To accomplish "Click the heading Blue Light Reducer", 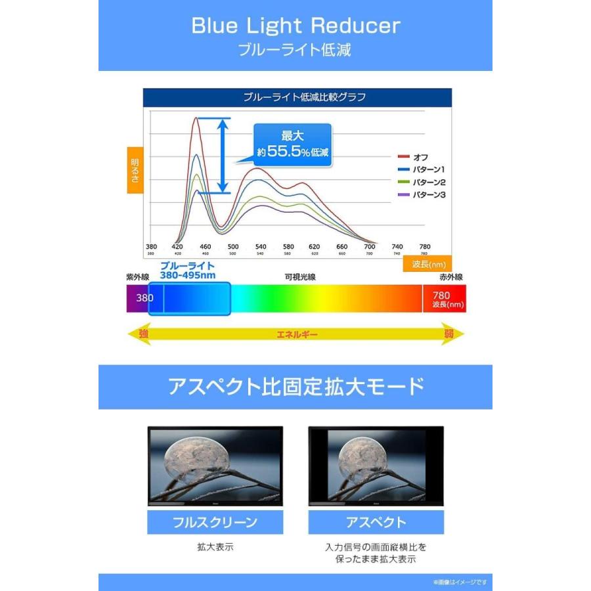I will (295, 26).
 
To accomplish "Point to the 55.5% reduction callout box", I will (293, 144).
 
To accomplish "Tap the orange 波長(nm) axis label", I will (427, 265).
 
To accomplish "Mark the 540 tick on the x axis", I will (260, 247).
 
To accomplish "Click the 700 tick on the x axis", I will (369, 247).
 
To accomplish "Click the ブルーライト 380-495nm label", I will (188, 271).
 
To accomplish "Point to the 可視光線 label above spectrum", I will (299, 277).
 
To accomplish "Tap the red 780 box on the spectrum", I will (445, 299).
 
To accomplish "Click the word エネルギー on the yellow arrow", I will (297, 335).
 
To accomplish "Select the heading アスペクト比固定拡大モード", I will (295, 386).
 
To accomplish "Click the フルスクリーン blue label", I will (215, 523).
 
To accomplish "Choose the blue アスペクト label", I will (376, 523).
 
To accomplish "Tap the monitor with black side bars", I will (376, 466).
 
